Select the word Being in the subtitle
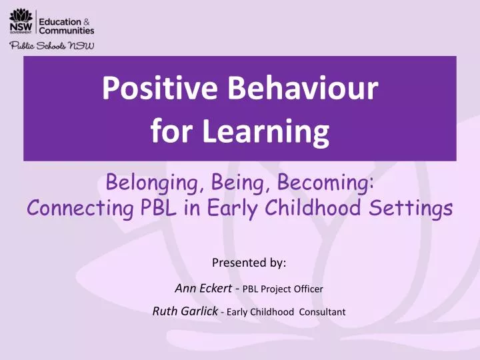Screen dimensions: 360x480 click(x=231, y=181)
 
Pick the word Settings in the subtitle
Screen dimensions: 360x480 click(x=417, y=209)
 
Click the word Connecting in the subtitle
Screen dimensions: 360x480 click(x=73, y=209)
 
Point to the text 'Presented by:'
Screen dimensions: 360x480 click(x=248, y=263)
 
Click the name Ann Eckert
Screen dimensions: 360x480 click(x=199, y=288)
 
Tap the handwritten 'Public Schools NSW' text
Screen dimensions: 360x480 click(x=51, y=45)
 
